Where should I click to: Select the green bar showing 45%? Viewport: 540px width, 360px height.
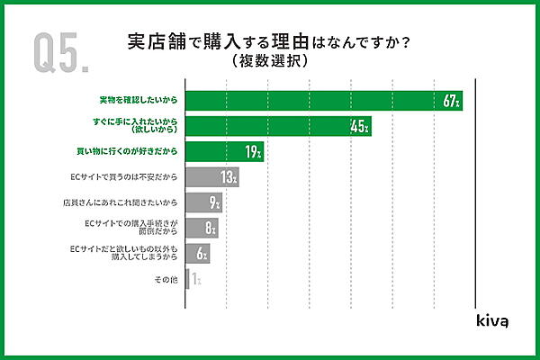tap(278, 126)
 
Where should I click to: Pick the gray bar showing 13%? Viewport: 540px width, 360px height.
tap(211, 177)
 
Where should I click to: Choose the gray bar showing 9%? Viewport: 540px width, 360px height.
tap(203, 203)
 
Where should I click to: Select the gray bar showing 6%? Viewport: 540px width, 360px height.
tap(197, 255)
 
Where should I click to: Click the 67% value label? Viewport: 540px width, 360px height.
tap(452, 102)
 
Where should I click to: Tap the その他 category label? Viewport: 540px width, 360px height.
tap(166, 281)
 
